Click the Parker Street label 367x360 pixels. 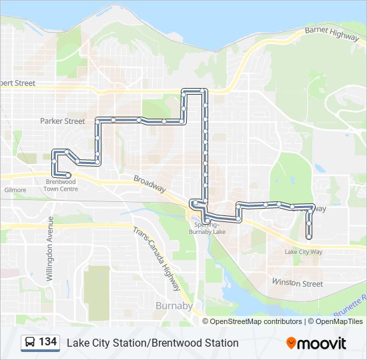tap(62, 121)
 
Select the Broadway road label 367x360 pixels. tap(149, 184)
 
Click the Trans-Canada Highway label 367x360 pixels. tap(157, 259)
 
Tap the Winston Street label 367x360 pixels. tap(298, 283)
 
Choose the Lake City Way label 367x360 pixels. tap(303, 252)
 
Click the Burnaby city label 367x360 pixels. tap(173, 306)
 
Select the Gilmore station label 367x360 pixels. tap(15, 190)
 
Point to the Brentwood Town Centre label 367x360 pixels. tap(61, 185)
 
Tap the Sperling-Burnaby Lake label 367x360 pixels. tap(208, 229)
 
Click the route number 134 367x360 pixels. tap(47, 342)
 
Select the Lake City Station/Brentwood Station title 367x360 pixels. tap(152, 343)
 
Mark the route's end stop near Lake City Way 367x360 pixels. tap(308, 236)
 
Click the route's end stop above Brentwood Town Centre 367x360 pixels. tap(69, 175)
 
